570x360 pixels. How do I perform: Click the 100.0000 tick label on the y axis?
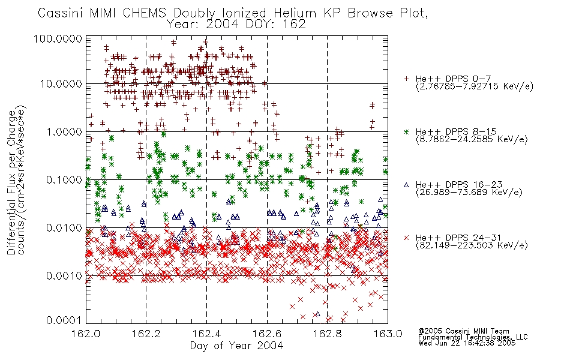pos(58,38)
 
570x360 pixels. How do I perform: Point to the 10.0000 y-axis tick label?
pos(61,84)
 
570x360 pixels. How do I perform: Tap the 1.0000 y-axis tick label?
pos(64,131)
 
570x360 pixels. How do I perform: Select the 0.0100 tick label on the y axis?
pos(64,228)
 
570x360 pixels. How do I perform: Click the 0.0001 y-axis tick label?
pos(64,320)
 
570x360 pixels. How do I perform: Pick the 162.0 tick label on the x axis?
pos(86,334)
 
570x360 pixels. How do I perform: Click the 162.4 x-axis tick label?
pos(206,334)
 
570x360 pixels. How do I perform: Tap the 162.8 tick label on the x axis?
pos(327,334)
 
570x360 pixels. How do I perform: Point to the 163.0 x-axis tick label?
pos(388,334)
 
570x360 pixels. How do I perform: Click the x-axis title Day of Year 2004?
pos(236,346)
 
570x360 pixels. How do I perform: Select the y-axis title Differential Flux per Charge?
pos(11,182)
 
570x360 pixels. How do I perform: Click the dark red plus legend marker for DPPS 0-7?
pos(406,79)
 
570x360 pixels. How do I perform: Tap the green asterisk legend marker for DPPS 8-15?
pos(406,131)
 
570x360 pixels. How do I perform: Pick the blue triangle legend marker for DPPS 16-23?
pos(406,185)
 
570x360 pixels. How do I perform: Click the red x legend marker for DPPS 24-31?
pos(406,238)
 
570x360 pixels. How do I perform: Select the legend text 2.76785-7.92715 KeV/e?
pos(475,86)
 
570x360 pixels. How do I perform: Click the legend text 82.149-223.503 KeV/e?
pos(472,245)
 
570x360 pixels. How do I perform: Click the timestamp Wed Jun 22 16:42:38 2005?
pos(467,343)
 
